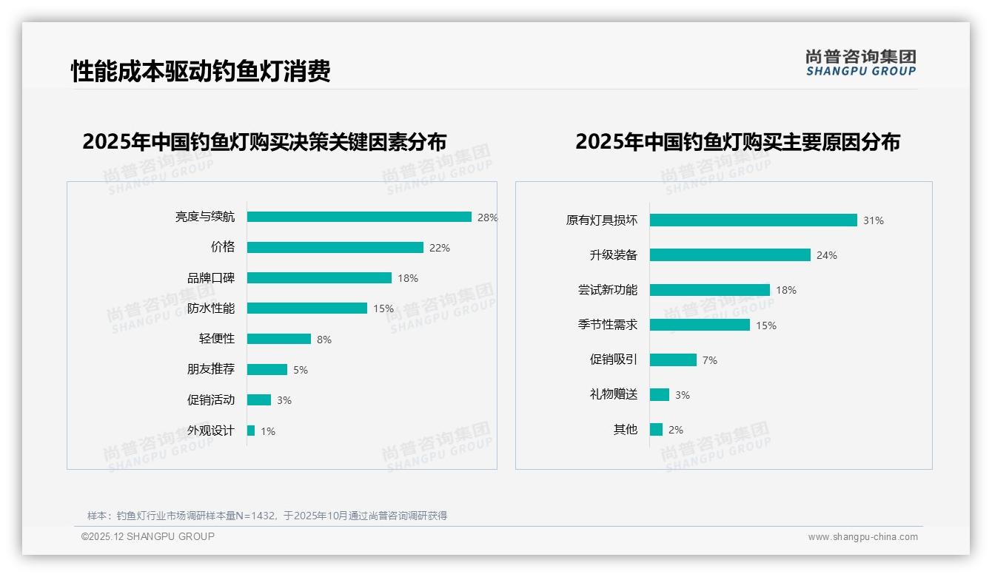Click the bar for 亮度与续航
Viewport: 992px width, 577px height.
point(359,217)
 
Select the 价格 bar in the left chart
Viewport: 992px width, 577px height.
point(335,248)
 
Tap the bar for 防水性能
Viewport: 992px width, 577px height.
point(307,308)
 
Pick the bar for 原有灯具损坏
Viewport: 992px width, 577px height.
point(753,220)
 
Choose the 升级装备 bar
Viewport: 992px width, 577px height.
point(730,255)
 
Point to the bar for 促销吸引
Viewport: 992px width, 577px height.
point(673,360)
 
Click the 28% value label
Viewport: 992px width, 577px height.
point(487,217)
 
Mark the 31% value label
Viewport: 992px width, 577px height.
point(873,220)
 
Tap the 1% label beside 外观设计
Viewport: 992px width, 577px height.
point(267,431)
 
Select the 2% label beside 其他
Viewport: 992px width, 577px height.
point(675,430)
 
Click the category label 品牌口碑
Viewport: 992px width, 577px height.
point(211,278)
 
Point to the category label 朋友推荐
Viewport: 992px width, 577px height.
point(211,369)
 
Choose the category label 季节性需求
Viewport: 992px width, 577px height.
point(608,325)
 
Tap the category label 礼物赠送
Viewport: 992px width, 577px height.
point(614,394)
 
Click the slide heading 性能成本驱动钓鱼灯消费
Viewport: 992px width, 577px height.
point(201,71)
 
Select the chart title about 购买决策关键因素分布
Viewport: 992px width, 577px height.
point(264,142)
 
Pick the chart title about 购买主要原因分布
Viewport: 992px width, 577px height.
point(737,142)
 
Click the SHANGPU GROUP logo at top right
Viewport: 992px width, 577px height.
point(860,63)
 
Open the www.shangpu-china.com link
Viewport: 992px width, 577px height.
point(862,537)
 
